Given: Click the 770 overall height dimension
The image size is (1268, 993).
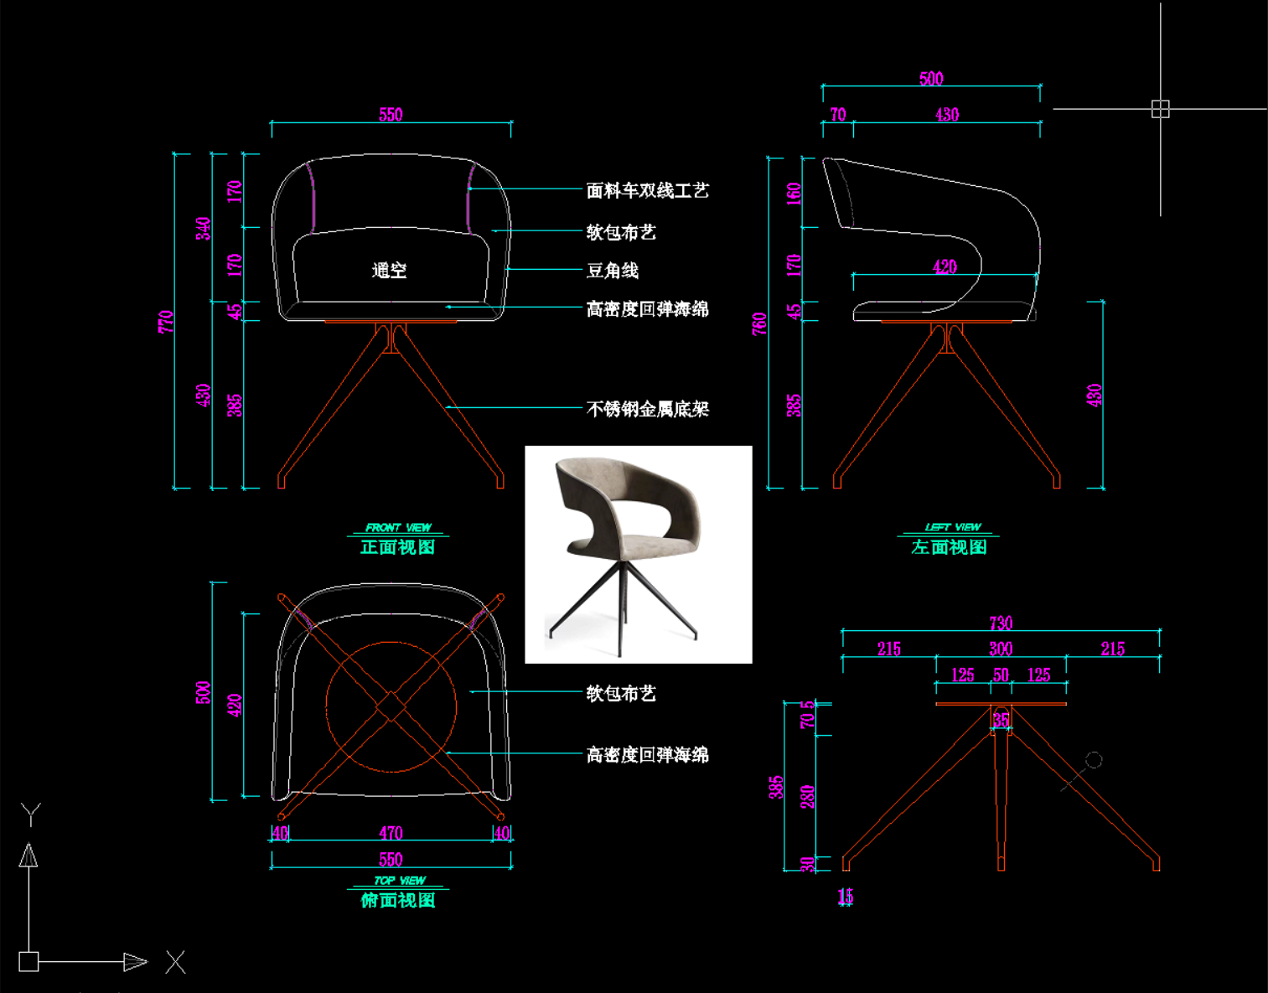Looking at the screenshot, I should [x=165, y=321].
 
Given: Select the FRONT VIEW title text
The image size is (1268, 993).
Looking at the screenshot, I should [x=398, y=528].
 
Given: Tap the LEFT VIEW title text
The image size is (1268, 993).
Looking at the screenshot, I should [x=953, y=527].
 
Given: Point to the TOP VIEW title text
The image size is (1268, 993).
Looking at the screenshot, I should [x=400, y=881].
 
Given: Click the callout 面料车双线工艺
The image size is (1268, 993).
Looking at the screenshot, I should [x=647, y=191].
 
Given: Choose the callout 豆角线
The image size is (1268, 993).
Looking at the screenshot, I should [x=613, y=271].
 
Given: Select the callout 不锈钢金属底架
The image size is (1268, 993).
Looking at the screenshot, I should [x=647, y=409].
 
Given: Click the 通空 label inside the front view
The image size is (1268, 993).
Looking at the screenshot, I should [x=389, y=270].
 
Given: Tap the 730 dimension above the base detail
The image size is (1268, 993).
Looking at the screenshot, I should [x=1001, y=623].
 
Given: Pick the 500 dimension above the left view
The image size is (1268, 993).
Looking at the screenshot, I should [x=931, y=79].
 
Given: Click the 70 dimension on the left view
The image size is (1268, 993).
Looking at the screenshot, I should [x=838, y=115].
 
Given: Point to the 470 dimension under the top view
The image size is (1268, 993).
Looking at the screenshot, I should [x=391, y=833].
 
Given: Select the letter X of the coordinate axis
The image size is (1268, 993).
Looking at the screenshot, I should [x=175, y=961].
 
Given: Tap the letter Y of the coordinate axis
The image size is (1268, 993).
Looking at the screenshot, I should [x=31, y=814].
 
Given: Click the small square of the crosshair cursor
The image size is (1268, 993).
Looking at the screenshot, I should [x=1160, y=109].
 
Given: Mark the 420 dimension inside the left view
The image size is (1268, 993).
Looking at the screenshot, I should [x=945, y=267].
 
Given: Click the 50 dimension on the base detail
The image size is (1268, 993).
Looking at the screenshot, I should [x=1001, y=675].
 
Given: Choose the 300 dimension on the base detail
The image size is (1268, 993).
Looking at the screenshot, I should [x=1001, y=649].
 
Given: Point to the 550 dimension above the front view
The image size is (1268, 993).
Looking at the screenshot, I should [x=391, y=115].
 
